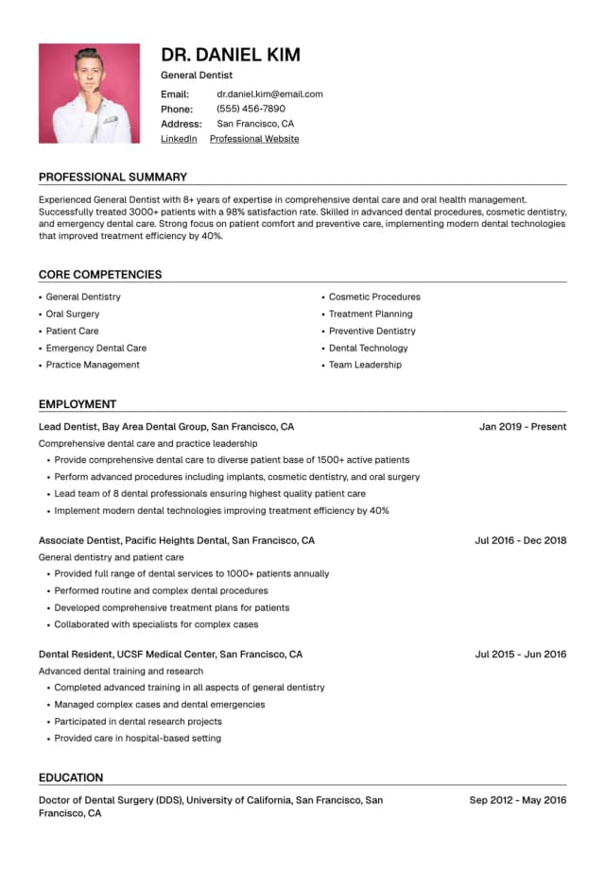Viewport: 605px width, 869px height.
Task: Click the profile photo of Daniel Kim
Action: (89, 94)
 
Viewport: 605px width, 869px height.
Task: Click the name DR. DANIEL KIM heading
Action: (231, 55)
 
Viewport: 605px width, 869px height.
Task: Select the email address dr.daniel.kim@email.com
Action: (269, 94)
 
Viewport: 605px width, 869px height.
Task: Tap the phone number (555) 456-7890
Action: (251, 109)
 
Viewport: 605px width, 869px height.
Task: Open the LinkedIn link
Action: (179, 139)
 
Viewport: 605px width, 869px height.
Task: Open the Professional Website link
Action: (254, 139)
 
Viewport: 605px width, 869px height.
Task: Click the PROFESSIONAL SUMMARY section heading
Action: (112, 177)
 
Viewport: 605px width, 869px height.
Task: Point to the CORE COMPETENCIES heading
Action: (100, 275)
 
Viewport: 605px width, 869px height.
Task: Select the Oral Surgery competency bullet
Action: (73, 314)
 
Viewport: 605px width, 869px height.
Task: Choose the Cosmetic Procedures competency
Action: (374, 297)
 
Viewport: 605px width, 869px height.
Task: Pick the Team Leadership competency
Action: (365, 365)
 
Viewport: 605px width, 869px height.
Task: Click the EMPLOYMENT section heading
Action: (78, 404)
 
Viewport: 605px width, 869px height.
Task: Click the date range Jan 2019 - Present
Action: (523, 427)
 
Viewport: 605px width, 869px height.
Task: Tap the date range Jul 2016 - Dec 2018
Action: (520, 540)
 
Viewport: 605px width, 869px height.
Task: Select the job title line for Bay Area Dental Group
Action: (166, 427)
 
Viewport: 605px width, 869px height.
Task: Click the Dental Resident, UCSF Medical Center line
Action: (170, 654)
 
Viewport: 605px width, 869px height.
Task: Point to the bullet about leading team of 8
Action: (210, 493)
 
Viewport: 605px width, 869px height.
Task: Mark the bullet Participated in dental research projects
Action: (138, 721)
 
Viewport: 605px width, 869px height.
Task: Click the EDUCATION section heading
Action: (71, 777)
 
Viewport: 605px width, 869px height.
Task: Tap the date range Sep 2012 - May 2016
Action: (518, 800)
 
